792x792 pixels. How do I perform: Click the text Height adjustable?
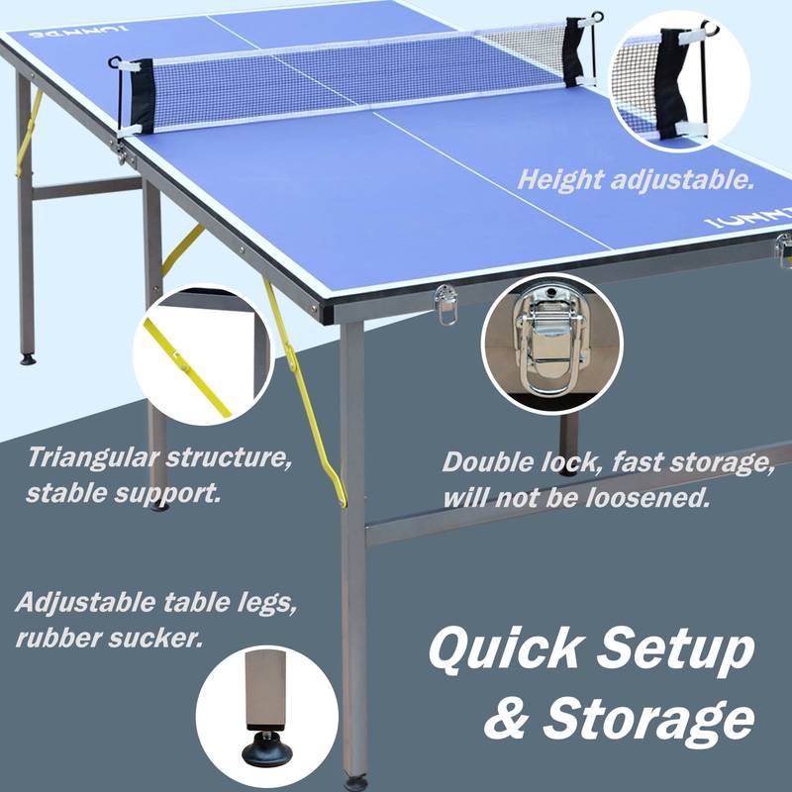click(637, 181)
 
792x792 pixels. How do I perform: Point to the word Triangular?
click(94, 458)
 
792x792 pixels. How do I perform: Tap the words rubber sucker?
click(109, 637)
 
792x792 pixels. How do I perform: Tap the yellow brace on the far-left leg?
click(29, 134)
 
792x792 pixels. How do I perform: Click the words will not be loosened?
click(576, 497)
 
